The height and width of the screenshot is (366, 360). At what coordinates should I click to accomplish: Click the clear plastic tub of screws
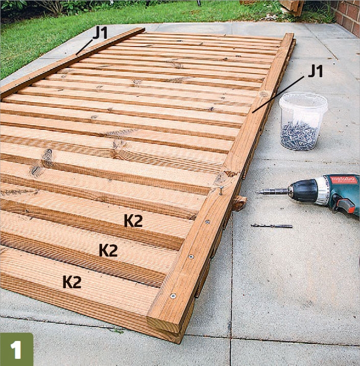[303, 121]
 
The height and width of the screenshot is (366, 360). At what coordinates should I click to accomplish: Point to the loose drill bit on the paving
[271, 226]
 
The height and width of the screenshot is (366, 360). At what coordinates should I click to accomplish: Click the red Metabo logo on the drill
[344, 180]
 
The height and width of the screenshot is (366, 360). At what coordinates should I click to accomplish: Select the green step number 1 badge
[16, 349]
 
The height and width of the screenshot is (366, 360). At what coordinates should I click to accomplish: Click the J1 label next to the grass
[100, 33]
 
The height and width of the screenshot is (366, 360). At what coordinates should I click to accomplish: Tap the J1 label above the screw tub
[315, 71]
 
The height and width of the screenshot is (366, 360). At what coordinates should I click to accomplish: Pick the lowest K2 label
[72, 282]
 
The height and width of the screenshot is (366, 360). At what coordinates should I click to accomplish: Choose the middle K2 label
[108, 250]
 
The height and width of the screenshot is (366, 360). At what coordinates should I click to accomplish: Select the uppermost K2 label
[133, 221]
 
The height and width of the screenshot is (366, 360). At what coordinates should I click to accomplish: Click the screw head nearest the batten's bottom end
[173, 296]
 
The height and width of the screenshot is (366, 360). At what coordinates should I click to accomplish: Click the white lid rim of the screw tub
[303, 101]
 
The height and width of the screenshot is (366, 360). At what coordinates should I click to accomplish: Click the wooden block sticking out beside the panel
[239, 203]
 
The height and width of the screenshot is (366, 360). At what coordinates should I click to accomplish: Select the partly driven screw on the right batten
[221, 190]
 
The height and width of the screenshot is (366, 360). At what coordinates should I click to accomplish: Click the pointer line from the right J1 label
[278, 94]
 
